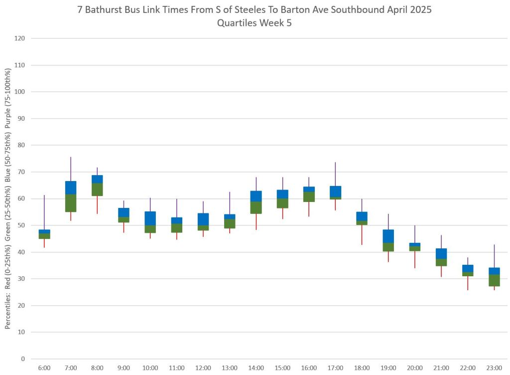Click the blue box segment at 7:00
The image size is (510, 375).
pyautogui.click(x=71, y=187)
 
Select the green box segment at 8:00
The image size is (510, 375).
pyautogui.click(x=97, y=189)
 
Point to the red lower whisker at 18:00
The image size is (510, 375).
pyautogui.click(x=362, y=235)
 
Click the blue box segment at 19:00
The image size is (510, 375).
pyautogui.click(x=388, y=236)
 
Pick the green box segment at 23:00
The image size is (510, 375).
pyautogui.click(x=495, y=280)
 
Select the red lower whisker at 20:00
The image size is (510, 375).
pyautogui.click(x=415, y=259)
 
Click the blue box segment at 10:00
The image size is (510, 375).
pyautogui.click(x=150, y=218)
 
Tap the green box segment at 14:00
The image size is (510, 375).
pyautogui.click(x=256, y=207)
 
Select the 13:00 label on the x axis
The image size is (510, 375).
pyautogui.click(x=229, y=368)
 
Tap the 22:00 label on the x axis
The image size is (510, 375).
pyautogui.click(x=468, y=368)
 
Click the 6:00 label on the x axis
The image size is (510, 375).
pyautogui.click(x=44, y=368)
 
